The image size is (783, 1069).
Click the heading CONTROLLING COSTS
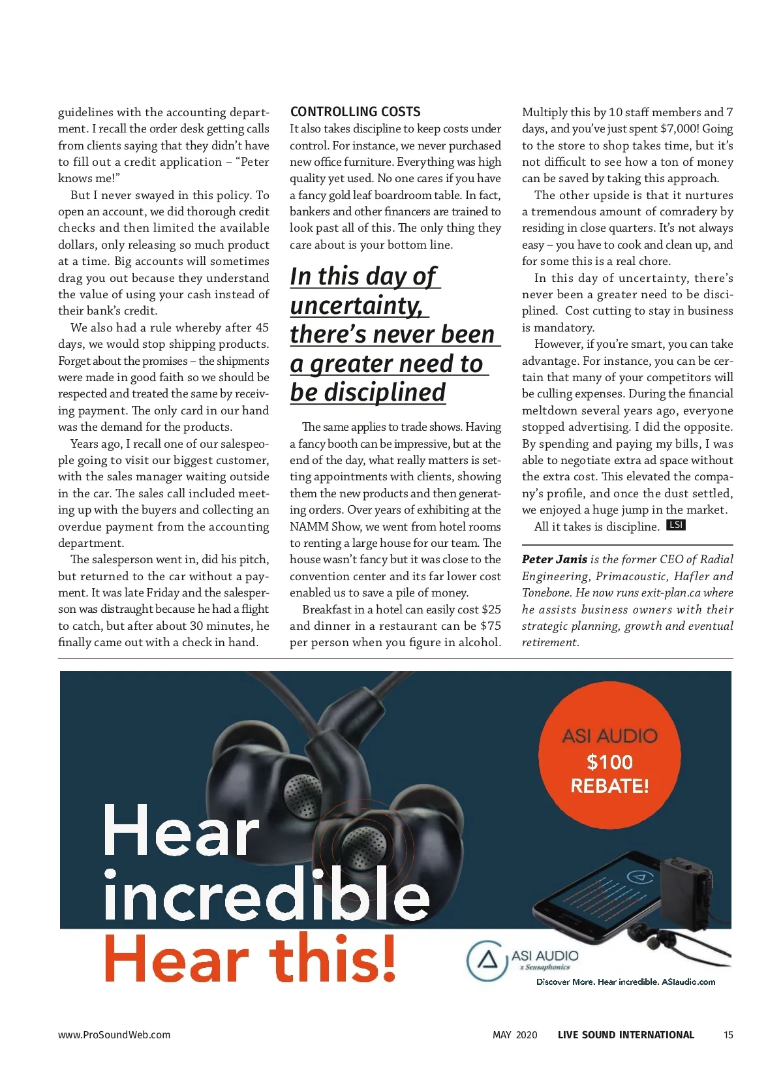[355, 112]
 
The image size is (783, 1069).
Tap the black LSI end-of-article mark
[675, 525]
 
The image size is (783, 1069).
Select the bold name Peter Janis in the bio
[554, 559]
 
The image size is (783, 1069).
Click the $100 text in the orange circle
[609, 762]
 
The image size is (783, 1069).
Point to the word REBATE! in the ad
[609, 785]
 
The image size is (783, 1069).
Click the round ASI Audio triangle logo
[487, 960]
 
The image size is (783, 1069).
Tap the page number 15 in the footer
[728, 1034]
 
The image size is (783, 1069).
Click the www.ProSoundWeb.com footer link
[114, 1034]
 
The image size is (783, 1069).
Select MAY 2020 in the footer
[515, 1034]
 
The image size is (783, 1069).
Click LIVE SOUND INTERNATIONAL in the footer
[626, 1034]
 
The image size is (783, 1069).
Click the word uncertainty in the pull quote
[356, 305]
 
